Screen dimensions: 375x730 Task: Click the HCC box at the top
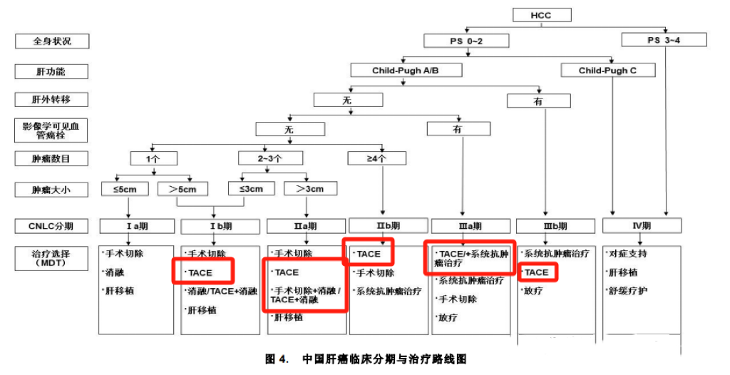pyautogui.click(x=541, y=15)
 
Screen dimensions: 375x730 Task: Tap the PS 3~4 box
pyautogui.click(x=664, y=40)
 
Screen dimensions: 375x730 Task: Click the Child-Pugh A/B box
pyautogui.click(x=406, y=71)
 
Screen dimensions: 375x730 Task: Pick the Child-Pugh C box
pyautogui.click(x=607, y=71)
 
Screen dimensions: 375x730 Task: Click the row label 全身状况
pyautogui.click(x=52, y=41)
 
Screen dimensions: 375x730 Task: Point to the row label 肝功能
pyautogui.click(x=52, y=71)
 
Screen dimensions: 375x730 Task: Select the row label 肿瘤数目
pyautogui.click(x=52, y=159)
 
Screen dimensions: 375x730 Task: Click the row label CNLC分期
pyautogui.click(x=52, y=226)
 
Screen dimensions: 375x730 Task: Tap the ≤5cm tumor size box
pyautogui.click(x=128, y=189)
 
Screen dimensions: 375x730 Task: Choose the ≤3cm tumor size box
pyautogui.click(x=246, y=189)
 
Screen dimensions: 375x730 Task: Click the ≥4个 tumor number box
pyautogui.click(x=376, y=158)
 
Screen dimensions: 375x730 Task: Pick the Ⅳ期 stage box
pyautogui.click(x=639, y=226)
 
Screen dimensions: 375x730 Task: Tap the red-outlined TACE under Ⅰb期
pyautogui.click(x=202, y=272)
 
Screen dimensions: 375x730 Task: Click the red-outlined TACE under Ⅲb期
pyautogui.click(x=536, y=272)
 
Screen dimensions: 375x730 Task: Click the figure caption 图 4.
pyautogui.click(x=276, y=359)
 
